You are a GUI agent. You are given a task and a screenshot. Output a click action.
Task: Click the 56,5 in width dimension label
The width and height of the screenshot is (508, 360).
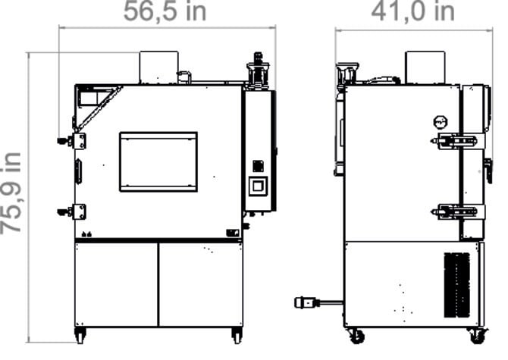tap(165, 11)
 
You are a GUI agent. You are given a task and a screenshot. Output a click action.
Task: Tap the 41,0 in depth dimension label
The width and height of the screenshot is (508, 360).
tap(412, 11)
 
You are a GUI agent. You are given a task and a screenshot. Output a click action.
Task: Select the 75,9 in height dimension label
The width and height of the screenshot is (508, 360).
tap(11, 193)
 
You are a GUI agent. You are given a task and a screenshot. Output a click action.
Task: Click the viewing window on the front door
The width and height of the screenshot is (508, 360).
tap(158, 161)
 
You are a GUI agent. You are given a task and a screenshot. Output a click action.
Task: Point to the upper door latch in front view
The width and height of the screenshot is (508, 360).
tap(72, 141)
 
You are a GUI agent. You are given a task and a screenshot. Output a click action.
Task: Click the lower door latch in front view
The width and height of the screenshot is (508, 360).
tap(72, 212)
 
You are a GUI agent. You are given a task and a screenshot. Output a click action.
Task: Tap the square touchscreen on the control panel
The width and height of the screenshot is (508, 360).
tap(258, 186)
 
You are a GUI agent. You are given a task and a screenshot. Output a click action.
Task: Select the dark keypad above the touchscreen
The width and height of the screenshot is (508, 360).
tap(258, 166)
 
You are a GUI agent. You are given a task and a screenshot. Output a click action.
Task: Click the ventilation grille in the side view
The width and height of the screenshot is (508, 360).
tap(456, 285)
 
